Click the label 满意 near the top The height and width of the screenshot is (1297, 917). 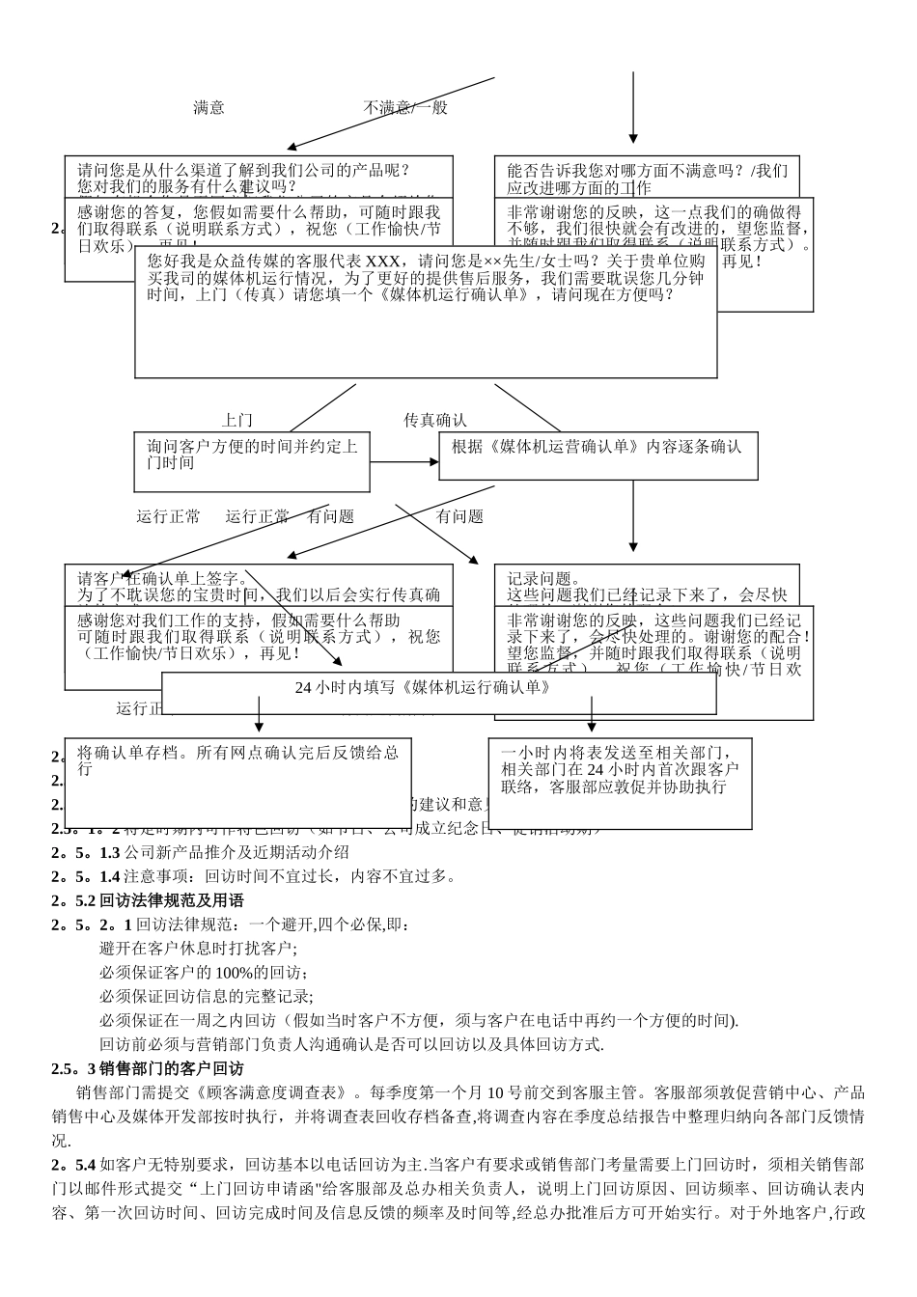click(208, 108)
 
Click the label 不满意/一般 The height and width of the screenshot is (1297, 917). click(405, 108)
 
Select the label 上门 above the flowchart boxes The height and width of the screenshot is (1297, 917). click(236, 421)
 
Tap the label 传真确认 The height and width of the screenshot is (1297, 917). click(434, 421)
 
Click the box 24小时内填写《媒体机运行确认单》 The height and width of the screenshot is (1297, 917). click(423, 688)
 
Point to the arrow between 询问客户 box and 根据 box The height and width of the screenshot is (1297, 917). click(403, 462)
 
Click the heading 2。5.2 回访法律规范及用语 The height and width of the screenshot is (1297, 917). click(148, 900)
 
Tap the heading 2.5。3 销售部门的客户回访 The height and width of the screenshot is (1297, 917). click(148, 1069)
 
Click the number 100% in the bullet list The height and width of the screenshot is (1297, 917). click(234, 973)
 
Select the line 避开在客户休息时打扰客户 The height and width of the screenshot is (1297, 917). click(199, 949)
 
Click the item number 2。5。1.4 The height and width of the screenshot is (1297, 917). click(86, 876)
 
